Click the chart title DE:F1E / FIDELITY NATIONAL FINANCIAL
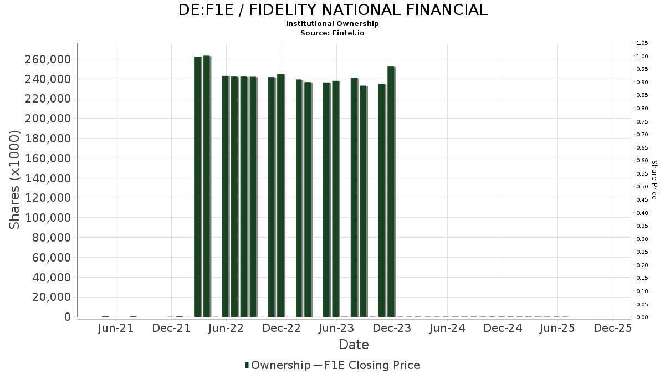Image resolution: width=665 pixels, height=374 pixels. pyautogui.click(x=332, y=10)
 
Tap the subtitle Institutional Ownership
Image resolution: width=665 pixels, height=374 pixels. pyautogui.click(x=332, y=24)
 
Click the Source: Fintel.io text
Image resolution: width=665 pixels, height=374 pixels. pyautogui.click(x=332, y=33)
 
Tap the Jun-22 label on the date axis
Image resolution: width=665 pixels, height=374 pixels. pyautogui.click(x=226, y=328)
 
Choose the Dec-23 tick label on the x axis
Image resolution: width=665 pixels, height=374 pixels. pyautogui.click(x=392, y=328)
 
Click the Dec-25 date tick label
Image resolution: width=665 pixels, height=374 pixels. pyautogui.click(x=612, y=328)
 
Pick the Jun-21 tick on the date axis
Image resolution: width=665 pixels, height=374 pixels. pyautogui.click(x=116, y=328)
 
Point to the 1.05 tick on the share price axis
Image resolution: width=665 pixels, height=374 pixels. pyautogui.click(x=642, y=43)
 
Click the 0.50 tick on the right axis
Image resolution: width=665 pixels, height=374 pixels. pyautogui.click(x=642, y=187)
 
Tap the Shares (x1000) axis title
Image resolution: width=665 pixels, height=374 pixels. pyautogui.click(x=15, y=180)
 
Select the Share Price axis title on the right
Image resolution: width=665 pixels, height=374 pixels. pyautogui.click(x=654, y=180)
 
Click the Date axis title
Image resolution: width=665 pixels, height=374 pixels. pyautogui.click(x=354, y=345)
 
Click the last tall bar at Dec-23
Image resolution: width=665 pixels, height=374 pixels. pyautogui.click(x=391, y=192)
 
